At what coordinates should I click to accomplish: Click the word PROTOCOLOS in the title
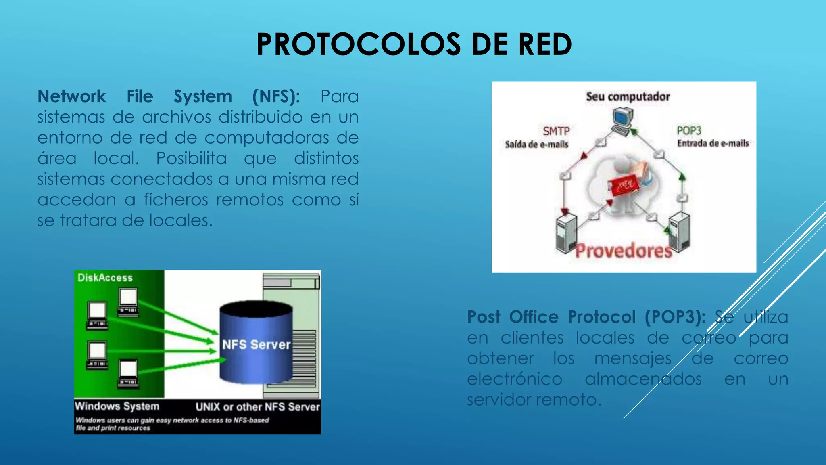point(358,44)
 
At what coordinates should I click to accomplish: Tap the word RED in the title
point(545,44)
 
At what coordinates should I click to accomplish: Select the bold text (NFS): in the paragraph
point(276,96)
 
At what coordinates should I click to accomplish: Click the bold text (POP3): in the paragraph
point(675,317)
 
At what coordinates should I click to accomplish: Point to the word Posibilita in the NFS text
point(191,158)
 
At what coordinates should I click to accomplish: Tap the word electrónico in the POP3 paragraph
point(514,379)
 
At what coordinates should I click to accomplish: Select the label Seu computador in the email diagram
point(628,97)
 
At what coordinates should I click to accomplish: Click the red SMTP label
point(556,131)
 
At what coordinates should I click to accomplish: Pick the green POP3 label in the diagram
point(689,131)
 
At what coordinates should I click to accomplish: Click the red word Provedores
point(624,251)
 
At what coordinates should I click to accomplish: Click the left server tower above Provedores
point(566,233)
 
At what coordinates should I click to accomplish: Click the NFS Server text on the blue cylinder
point(256,345)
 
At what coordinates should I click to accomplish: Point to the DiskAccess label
point(105,278)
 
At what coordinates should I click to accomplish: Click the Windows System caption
point(117,406)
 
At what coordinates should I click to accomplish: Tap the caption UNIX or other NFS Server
point(258,407)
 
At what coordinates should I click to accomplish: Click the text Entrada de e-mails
point(713,143)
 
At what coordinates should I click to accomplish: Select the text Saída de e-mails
point(536,145)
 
